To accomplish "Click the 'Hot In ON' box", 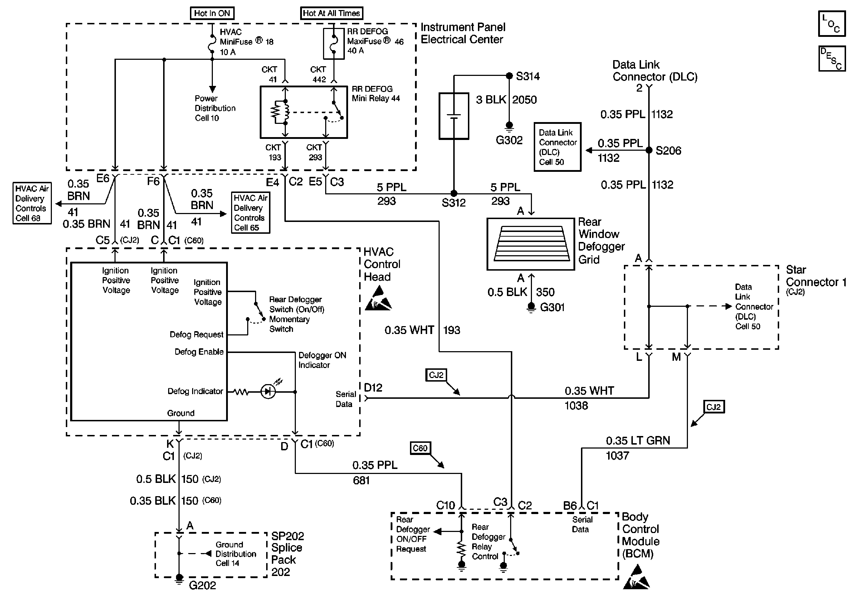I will tap(212, 13).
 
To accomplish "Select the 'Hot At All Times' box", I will tap(331, 13).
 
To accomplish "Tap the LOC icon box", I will tap(832, 24).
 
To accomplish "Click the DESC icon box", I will tap(832, 59).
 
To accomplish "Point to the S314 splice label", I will tap(528, 77).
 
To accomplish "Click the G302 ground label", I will tap(509, 140).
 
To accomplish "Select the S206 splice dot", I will tap(649, 150).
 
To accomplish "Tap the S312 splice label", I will tap(453, 203).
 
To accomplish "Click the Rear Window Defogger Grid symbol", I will tap(531, 244).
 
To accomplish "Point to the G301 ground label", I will tap(552, 307).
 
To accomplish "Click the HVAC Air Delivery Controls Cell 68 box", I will tap(32, 203).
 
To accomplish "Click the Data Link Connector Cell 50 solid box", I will tap(557, 147).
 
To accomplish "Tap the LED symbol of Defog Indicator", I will tap(268, 392).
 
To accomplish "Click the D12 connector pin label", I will tap(373, 388).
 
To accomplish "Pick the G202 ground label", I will tap(202, 585).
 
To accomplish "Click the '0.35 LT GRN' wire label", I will tap(637, 441).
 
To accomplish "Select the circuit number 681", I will tap(361, 480).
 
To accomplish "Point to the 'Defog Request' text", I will tap(196, 335).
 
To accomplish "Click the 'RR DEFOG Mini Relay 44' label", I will tap(376, 94).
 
